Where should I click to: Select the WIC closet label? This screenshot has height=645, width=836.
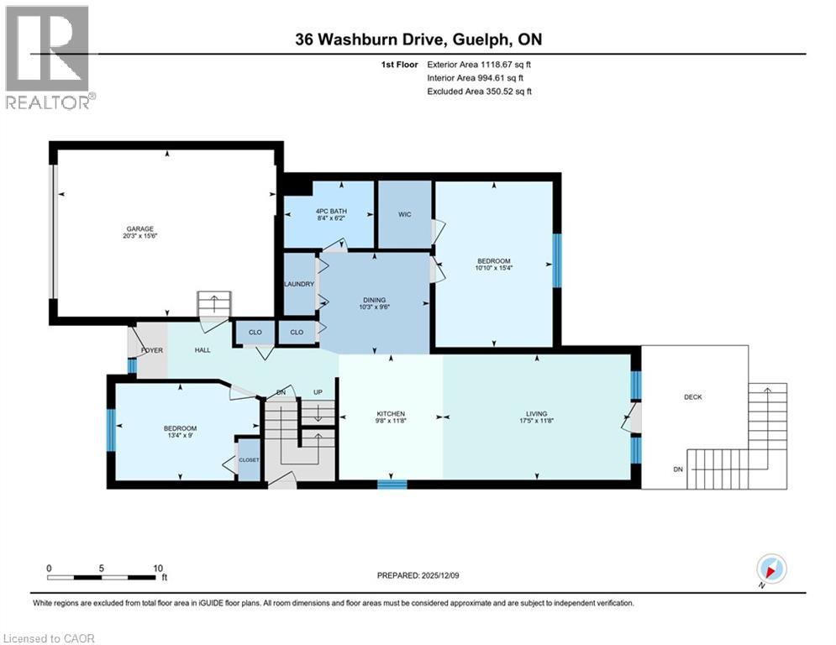(404, 214)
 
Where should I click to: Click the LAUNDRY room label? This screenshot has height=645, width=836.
(299, 284)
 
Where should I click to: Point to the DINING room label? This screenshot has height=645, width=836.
(374, 300)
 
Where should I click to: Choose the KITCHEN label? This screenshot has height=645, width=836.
(391, 413)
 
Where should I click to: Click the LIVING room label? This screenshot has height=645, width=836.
(536, 413)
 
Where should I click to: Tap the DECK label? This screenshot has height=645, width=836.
(692, 396)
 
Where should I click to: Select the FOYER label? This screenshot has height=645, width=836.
(151, 350)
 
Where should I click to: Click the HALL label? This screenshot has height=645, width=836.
(202, 350)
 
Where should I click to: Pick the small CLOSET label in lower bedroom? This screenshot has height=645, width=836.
(249, 460)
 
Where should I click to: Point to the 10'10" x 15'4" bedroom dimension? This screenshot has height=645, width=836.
(493, 269)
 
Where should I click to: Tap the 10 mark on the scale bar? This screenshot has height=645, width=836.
(158, 569)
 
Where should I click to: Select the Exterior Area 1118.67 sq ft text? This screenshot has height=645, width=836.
(479, 64)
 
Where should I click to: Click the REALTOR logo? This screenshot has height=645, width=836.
(49, 55)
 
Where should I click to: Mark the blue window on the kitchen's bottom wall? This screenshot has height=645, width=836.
(392, 484)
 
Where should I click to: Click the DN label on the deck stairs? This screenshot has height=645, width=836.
(677, 469)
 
